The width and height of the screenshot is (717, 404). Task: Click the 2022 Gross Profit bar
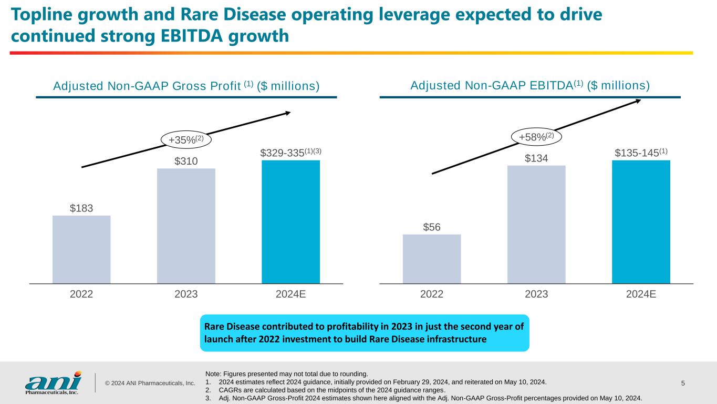[x=81, y=249]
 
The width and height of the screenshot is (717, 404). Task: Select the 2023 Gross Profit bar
[x=186, y=226]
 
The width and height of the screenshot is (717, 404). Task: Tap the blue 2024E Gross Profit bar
[x=290, y=221]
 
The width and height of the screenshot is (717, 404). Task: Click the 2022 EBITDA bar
[x=432, y=259]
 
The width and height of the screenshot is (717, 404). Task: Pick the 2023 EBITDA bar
[x=536, y=225]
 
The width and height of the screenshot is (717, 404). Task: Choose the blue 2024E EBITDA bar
[x=641, y=221]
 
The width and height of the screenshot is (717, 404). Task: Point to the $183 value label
[x=81, y=208]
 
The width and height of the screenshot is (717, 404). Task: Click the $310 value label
[x=186, y=161]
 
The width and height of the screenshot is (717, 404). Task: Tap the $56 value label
[x=432, y=227]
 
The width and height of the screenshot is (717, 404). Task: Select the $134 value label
[x=536, y=158]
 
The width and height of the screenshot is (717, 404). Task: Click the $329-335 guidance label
[x=290, y=153]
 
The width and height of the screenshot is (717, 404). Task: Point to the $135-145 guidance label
[x=641, y=153]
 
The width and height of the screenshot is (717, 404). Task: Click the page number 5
[x=683, y=383]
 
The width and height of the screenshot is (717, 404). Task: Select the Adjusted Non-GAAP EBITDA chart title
[x=529, y=85]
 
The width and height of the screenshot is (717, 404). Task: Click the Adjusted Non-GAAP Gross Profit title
[x=186, y=86]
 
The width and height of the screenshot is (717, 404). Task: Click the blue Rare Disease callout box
[x=365, y=333]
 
